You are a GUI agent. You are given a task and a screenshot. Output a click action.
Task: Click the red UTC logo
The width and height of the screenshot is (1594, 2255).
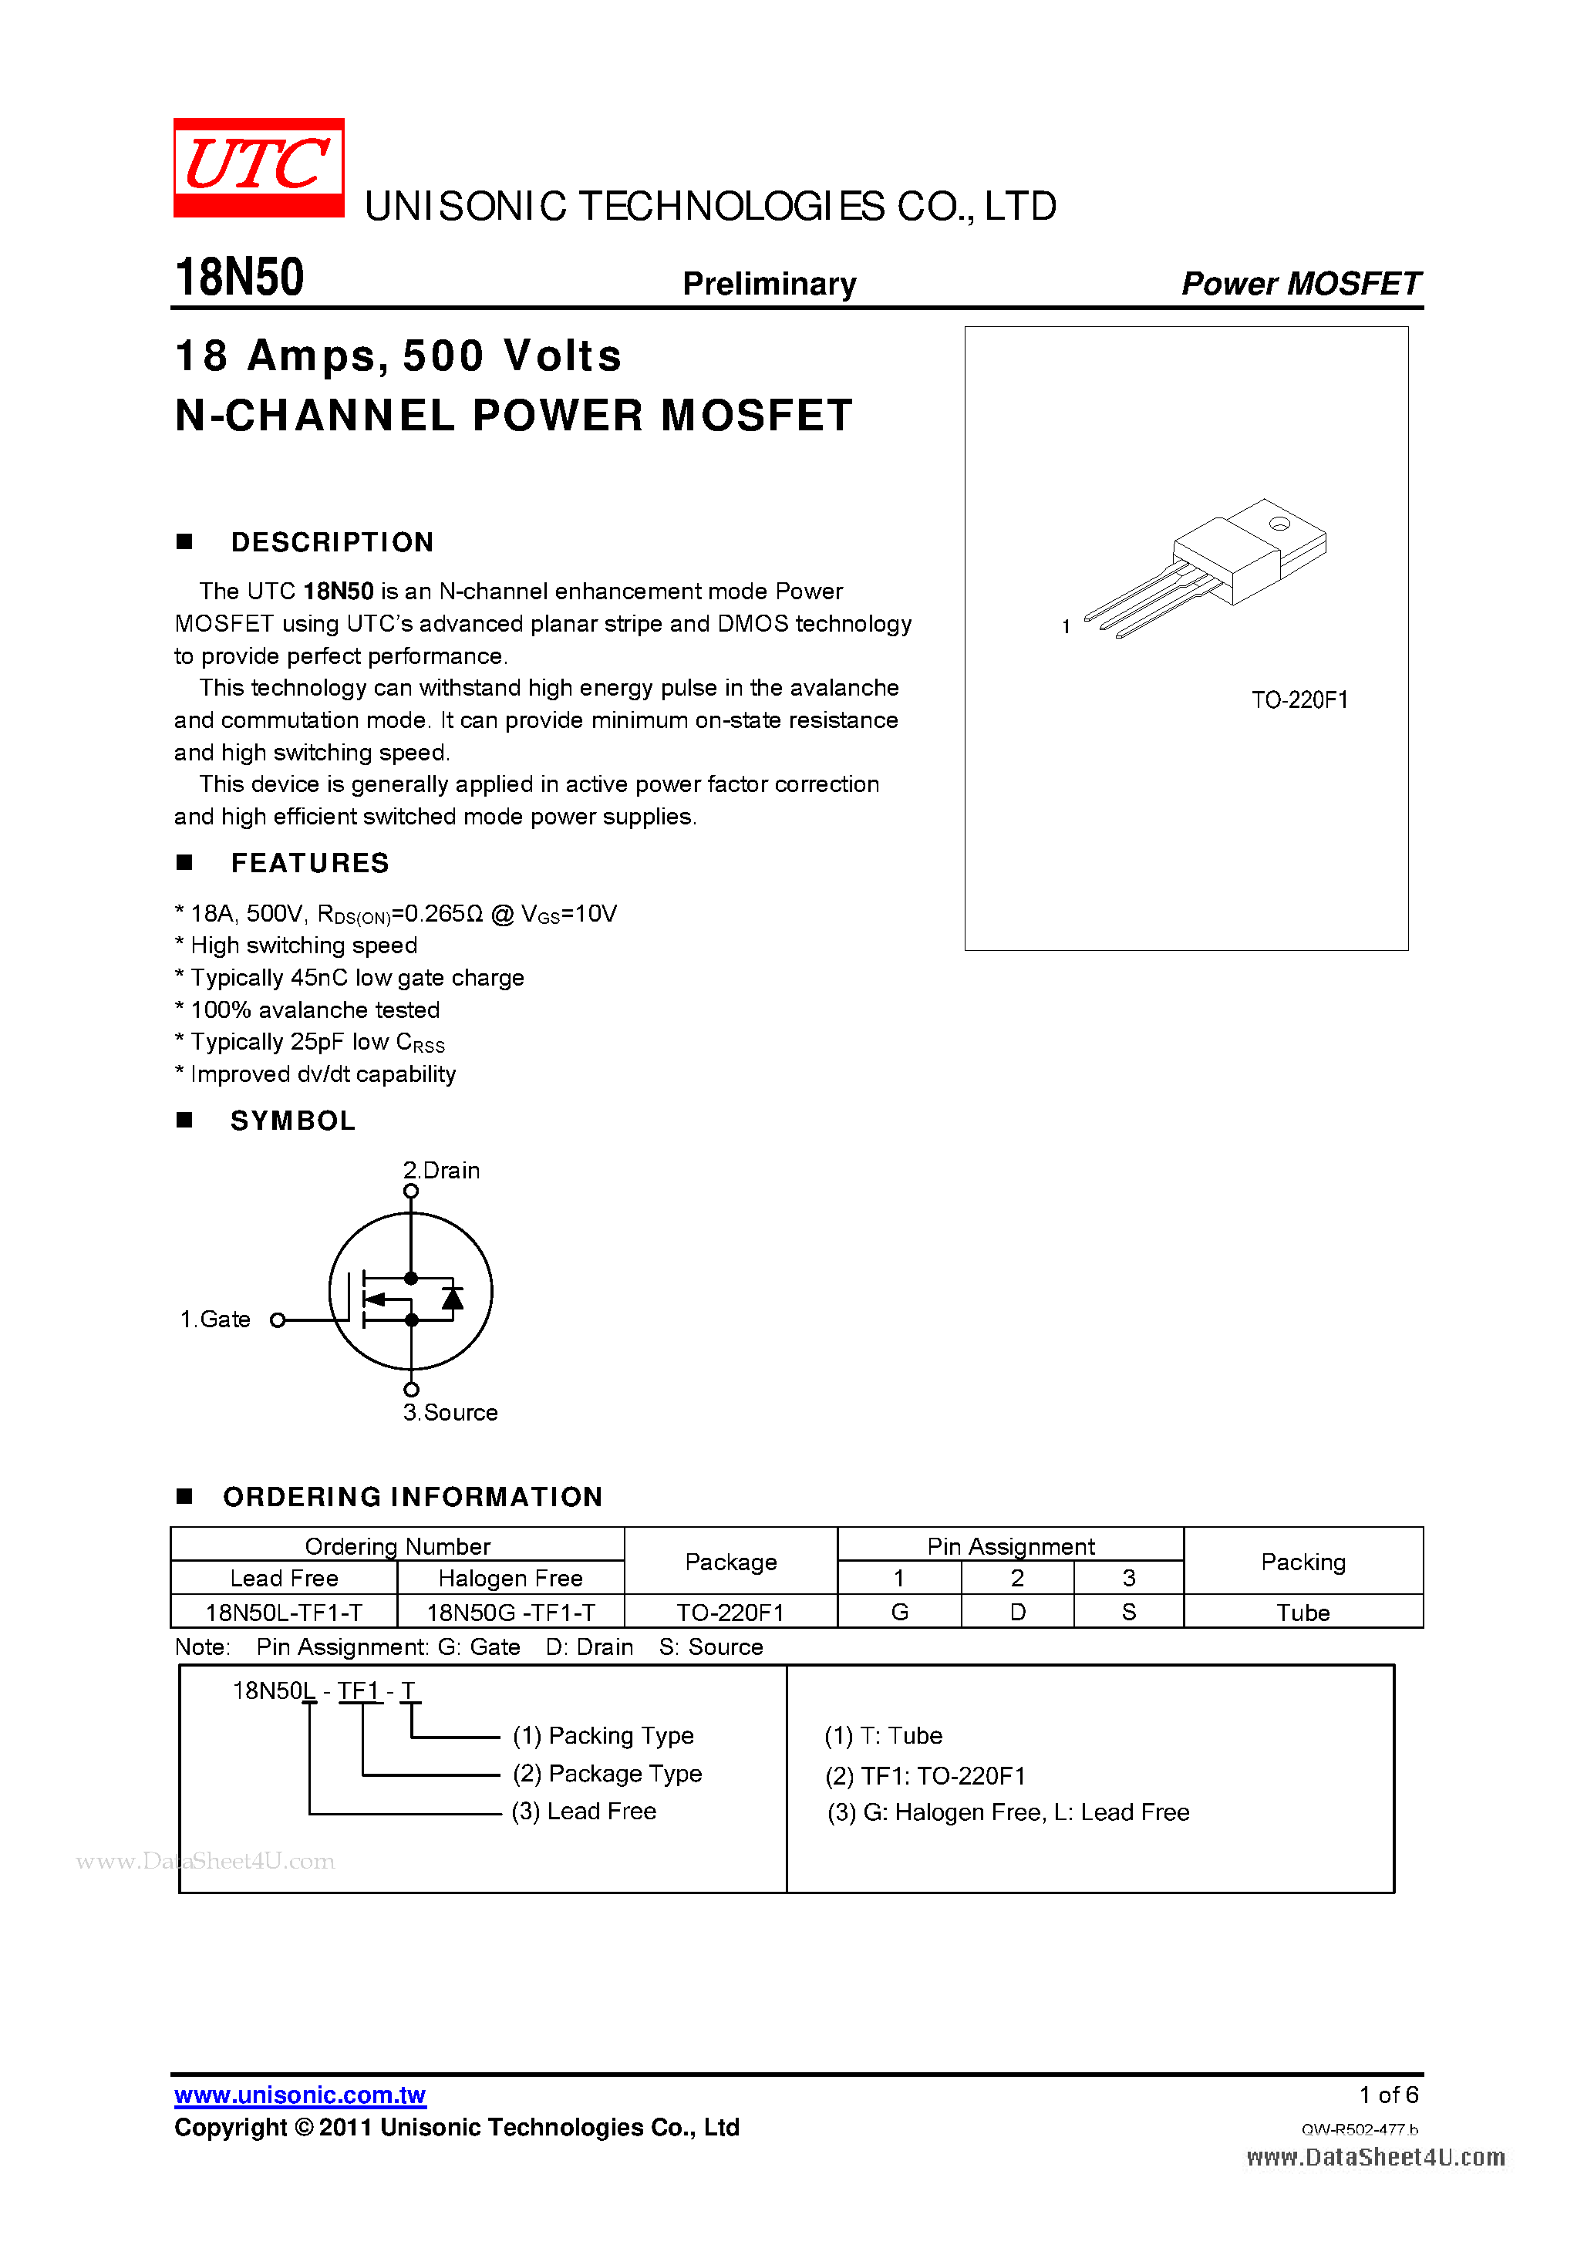[258, 167]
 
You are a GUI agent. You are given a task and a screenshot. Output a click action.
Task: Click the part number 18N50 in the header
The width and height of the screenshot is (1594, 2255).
[240, 277]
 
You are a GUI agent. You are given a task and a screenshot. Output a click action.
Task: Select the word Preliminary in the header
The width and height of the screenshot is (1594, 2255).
[769, 284]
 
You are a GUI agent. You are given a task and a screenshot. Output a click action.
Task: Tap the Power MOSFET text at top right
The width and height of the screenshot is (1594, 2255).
[1299, 284]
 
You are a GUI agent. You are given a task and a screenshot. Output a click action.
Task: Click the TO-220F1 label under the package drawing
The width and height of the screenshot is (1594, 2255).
[1299, 700]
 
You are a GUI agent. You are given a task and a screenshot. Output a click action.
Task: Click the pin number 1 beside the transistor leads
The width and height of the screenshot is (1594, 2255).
[1066, 627]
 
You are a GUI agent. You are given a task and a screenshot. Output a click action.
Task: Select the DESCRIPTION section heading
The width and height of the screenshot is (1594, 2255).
[332, 542]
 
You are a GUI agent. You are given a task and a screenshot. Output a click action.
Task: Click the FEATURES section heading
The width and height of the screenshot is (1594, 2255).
[309, 863]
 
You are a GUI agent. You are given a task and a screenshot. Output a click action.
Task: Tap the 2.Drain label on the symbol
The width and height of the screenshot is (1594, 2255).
[441, 1171]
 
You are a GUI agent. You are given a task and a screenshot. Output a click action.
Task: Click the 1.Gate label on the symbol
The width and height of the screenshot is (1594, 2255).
[215, 1319]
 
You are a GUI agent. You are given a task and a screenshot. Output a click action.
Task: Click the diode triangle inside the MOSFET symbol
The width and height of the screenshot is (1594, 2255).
[452, 1299]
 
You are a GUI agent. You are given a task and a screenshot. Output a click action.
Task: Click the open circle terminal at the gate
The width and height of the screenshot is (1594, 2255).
[278, 1320]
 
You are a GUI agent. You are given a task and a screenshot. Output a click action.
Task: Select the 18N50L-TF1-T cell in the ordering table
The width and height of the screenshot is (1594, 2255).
[284, 1613]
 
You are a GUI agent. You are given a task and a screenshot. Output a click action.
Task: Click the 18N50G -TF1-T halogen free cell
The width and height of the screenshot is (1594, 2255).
[511, 1613]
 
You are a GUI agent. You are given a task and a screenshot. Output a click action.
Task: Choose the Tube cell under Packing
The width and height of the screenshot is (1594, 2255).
[1302, 1613]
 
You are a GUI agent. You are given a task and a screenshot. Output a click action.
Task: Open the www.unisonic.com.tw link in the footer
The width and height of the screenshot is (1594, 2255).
[299, 2095]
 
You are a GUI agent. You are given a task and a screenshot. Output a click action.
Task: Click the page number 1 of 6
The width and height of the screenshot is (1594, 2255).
[1388, 2095]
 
